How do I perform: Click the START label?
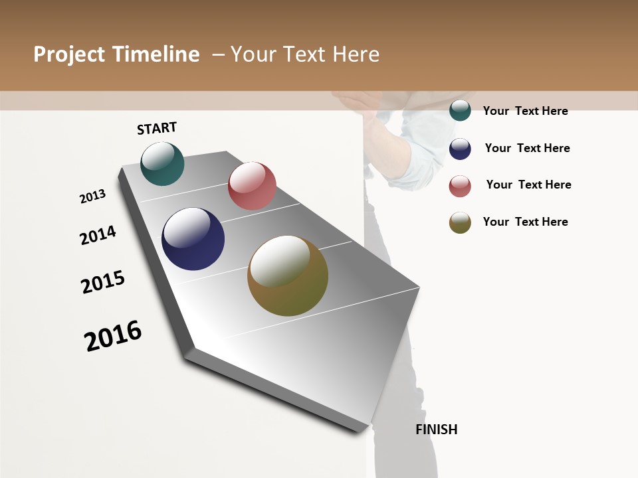[x=157, y=128]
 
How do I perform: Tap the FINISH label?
[x=436, y=430]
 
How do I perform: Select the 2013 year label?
[x=92, y=197]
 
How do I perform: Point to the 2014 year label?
[x=98, y=235]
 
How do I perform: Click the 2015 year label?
[x=103, y=282]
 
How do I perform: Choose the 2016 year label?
[x=113, y=336]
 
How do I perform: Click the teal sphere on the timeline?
[x=162, y=163]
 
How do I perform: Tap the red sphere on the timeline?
[x=252, y=186]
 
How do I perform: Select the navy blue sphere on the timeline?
[x=193, y=239]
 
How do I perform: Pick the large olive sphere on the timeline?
[x=288, y=276]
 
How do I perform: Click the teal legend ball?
[x=460, y=110]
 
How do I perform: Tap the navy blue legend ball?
[x=460, y=149]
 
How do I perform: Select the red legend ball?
[x=460, y=186]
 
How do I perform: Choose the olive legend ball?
[x=460, y=222]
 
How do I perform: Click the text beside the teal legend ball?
[x=525, y=111]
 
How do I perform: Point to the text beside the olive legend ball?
[x=525, y=222]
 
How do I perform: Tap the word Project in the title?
[x=69, y=54]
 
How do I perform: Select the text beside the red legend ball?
[x=528, y=185]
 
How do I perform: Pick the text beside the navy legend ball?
[x=527, y=148]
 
